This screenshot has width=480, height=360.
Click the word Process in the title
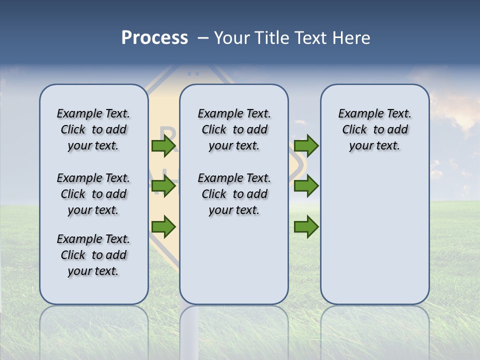[x=154, y=38]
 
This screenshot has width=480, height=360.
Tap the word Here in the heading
[x=352, y=38]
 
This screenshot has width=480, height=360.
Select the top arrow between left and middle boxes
[x=163, y=145]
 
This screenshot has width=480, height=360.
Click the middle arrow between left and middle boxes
[x=163, y=186]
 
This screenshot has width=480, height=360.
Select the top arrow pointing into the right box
[x=306, y=145]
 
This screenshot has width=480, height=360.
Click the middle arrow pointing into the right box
[x=306, y=186]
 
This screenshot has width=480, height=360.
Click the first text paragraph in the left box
[x=93, y=129]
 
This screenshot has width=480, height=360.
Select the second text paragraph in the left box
[x=93, y=194]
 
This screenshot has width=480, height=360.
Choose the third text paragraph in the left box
[x=93, y=255]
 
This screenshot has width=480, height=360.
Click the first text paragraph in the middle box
[x=234, y=129]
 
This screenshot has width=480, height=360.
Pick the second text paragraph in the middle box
[x=234, y=194]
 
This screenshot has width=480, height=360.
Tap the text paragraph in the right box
[x=374, y=129]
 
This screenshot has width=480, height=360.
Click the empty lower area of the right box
[x=374, y=235]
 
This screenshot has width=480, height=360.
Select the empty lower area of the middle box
[x=234, y=260]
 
